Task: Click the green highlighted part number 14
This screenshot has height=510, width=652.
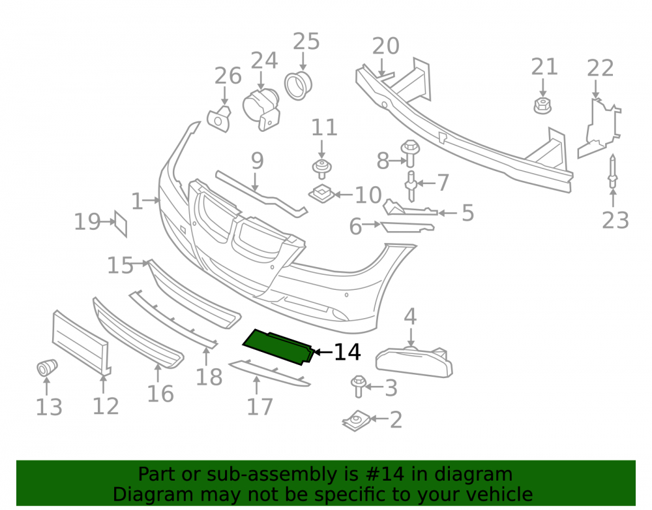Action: (278, 346)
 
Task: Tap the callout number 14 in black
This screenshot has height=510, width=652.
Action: (348, 352)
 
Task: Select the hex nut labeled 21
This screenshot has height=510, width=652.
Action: (542, 106)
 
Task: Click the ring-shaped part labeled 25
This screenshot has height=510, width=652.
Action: (298, 86)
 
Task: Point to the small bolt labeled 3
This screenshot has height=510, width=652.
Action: (359, 386)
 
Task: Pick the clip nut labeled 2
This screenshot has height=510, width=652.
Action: (357, 421)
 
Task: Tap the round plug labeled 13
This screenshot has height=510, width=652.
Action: (47, 367)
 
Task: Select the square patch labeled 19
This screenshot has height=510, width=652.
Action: (121, 224)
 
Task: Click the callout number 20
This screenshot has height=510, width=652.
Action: (385, 46)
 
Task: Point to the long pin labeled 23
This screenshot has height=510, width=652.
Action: (612, 172)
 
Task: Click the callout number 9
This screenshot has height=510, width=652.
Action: (258, 161)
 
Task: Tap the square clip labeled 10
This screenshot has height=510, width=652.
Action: (321, 193)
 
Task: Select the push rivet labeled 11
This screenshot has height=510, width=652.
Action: (321, 168)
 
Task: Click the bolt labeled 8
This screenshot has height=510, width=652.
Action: (410, 153)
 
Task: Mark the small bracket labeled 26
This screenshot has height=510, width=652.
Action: (219, 119)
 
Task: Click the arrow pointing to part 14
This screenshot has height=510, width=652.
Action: (323, 352)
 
